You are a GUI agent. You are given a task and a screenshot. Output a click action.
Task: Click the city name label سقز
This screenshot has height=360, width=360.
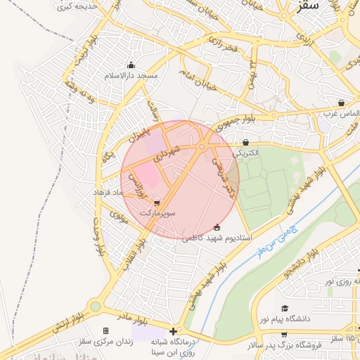tap(308, 6)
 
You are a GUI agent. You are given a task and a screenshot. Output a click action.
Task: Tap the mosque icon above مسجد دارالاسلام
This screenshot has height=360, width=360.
tap(131, 66)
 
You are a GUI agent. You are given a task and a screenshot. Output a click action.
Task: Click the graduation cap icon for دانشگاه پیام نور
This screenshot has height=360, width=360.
tap(285, 309)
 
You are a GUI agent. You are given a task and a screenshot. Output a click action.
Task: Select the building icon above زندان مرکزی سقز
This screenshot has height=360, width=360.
tap(105, 330)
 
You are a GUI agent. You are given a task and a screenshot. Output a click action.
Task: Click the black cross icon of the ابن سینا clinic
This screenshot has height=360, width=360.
tap(173, 330)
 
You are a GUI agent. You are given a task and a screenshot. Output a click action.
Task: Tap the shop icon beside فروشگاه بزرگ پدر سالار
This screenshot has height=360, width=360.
tap(284, 335)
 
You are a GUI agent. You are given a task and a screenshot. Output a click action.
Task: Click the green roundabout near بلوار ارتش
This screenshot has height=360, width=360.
tap(95, 307)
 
